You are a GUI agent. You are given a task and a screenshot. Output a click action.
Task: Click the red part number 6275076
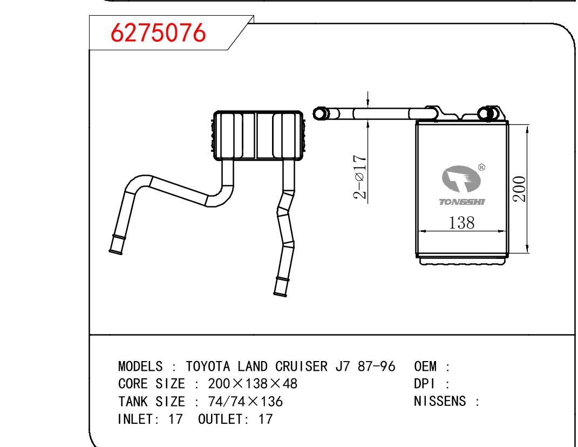158,32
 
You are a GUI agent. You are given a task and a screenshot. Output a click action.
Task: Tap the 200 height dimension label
519,189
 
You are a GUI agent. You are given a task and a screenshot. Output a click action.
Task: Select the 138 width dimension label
461,223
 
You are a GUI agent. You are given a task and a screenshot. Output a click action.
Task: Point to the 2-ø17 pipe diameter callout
360,177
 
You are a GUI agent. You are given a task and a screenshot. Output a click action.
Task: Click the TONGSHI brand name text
462,202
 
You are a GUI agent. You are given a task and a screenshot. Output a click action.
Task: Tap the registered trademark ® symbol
481,167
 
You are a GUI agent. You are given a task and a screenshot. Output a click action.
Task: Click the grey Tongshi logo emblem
461,179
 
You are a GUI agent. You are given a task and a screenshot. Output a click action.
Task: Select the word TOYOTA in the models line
208,366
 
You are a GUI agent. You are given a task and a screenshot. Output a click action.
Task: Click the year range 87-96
376,366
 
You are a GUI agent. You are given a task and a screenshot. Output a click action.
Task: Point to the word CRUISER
301,366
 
